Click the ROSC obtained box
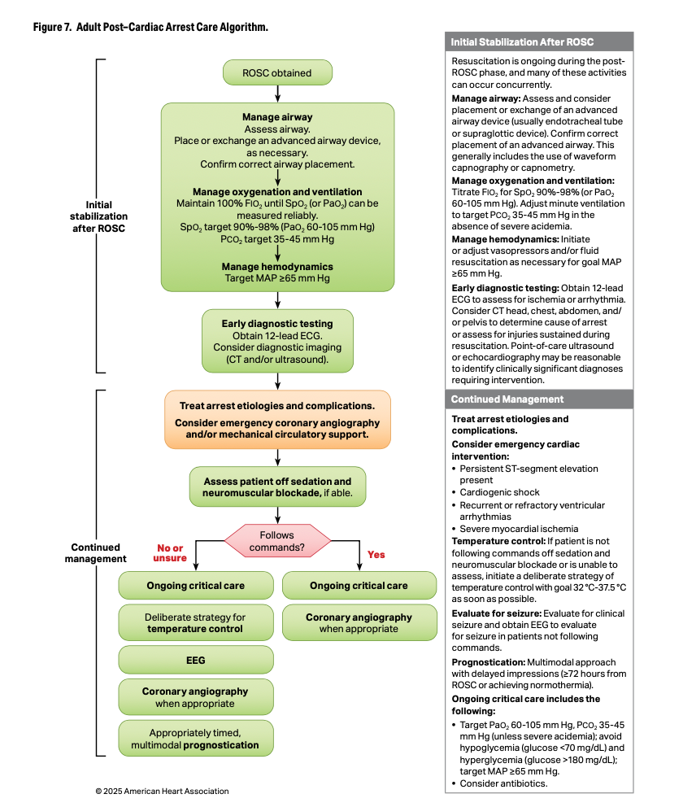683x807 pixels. coord(277,72)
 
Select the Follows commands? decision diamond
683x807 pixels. coord(277,541)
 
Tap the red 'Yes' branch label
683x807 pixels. coord(376,555)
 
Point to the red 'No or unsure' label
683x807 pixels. coord(171,552)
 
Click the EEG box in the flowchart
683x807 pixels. coord(195,661)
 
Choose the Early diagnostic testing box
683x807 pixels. coord(277,341)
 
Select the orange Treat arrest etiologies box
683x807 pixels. coord(277,419)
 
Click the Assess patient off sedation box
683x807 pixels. coord(277,486)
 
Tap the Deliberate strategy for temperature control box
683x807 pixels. coord(195,622)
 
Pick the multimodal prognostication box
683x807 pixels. coord(195,738)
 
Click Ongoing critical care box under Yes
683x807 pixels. coord(359,586)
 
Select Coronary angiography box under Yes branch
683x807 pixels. coord(359,622)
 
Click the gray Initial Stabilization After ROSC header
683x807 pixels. coord(540,41)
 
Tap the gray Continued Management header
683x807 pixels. coord(540,399)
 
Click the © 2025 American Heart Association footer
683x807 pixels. coord(162,791)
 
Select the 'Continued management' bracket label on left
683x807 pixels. coord(95,553)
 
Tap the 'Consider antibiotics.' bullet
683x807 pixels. coord(503,783)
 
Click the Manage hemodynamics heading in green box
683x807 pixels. coord(277,266)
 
